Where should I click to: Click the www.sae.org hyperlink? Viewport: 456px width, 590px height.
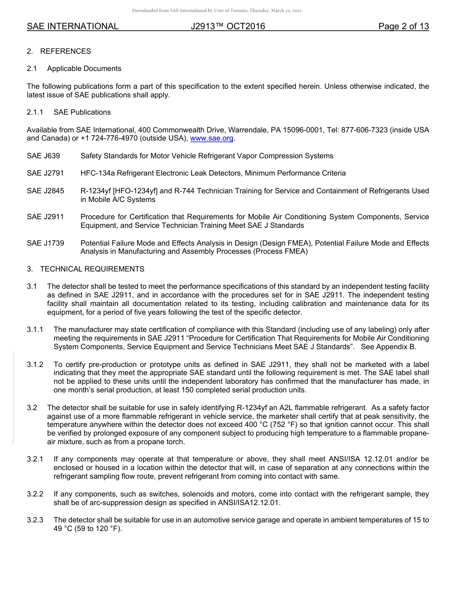coord(212,139)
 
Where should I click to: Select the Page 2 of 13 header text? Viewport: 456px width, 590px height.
coord(403,26)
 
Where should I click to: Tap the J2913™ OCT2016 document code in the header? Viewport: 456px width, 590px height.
coord(228,26)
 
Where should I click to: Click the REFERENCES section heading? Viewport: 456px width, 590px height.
coord(65,51)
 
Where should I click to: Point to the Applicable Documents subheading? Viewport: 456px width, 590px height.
coord(84,69)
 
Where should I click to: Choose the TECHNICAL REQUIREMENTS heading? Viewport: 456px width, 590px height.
coord(92,269)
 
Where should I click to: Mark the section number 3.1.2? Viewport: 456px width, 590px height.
coord(35,365)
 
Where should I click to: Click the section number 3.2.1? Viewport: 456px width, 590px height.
coord(35,459)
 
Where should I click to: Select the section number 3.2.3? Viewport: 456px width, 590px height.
coord(35,520)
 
